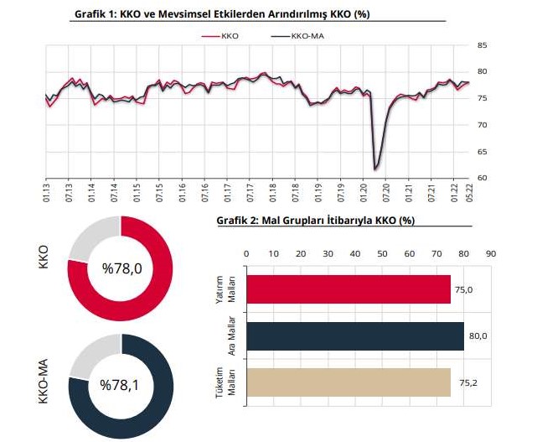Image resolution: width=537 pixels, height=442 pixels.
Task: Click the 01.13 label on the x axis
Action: point(46,190)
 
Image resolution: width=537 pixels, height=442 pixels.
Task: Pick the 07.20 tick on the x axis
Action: point(385,190)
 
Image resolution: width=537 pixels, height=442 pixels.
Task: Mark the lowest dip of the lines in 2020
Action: point(375,169)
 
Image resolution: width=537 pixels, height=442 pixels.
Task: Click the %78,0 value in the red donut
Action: point(121,268)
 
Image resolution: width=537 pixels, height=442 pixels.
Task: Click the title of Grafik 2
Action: point(315,220)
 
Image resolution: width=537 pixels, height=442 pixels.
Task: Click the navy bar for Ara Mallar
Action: point(354,336)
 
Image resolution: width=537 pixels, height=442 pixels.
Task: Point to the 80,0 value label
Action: point(477,336)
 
